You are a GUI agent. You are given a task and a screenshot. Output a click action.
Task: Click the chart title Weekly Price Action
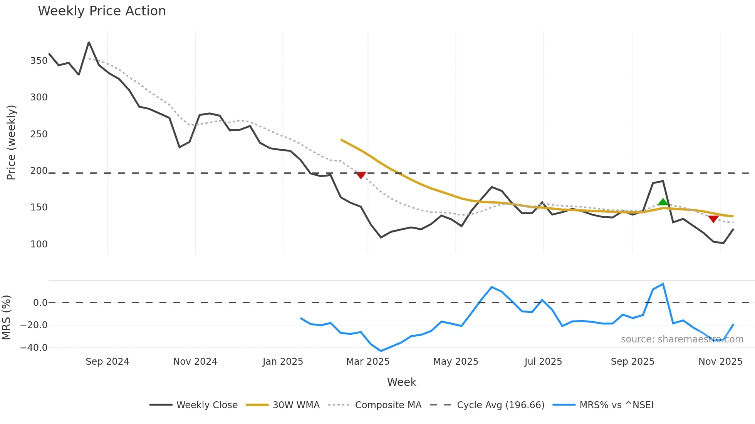[102, 11]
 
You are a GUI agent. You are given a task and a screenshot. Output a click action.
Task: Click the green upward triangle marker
[663, 202]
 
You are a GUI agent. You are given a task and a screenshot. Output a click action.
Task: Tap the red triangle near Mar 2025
[361, 175]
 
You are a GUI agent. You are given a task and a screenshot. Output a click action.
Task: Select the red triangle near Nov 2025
[713, 219]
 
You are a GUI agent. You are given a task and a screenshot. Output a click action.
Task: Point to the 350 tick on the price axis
[39, 61]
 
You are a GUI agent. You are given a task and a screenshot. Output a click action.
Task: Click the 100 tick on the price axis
[39, 244]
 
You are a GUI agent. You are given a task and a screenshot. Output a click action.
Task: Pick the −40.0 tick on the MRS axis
[34, 348]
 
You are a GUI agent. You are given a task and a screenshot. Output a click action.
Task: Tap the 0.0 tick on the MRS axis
[40, 303]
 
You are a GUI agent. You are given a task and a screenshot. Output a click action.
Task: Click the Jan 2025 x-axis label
[283, 362]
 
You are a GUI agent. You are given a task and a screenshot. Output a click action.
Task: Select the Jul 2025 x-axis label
[543, 362]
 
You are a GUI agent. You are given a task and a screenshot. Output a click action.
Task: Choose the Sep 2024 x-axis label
[107, 362]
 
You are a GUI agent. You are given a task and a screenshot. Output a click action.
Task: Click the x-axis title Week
[401, 382]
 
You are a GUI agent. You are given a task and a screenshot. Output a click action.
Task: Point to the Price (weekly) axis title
[11, 142]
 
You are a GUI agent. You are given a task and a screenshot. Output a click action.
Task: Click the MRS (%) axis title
[6, 317]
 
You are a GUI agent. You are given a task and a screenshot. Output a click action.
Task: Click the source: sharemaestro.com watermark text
[682, 339]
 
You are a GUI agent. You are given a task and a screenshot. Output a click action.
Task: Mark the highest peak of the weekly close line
[89, 42]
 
